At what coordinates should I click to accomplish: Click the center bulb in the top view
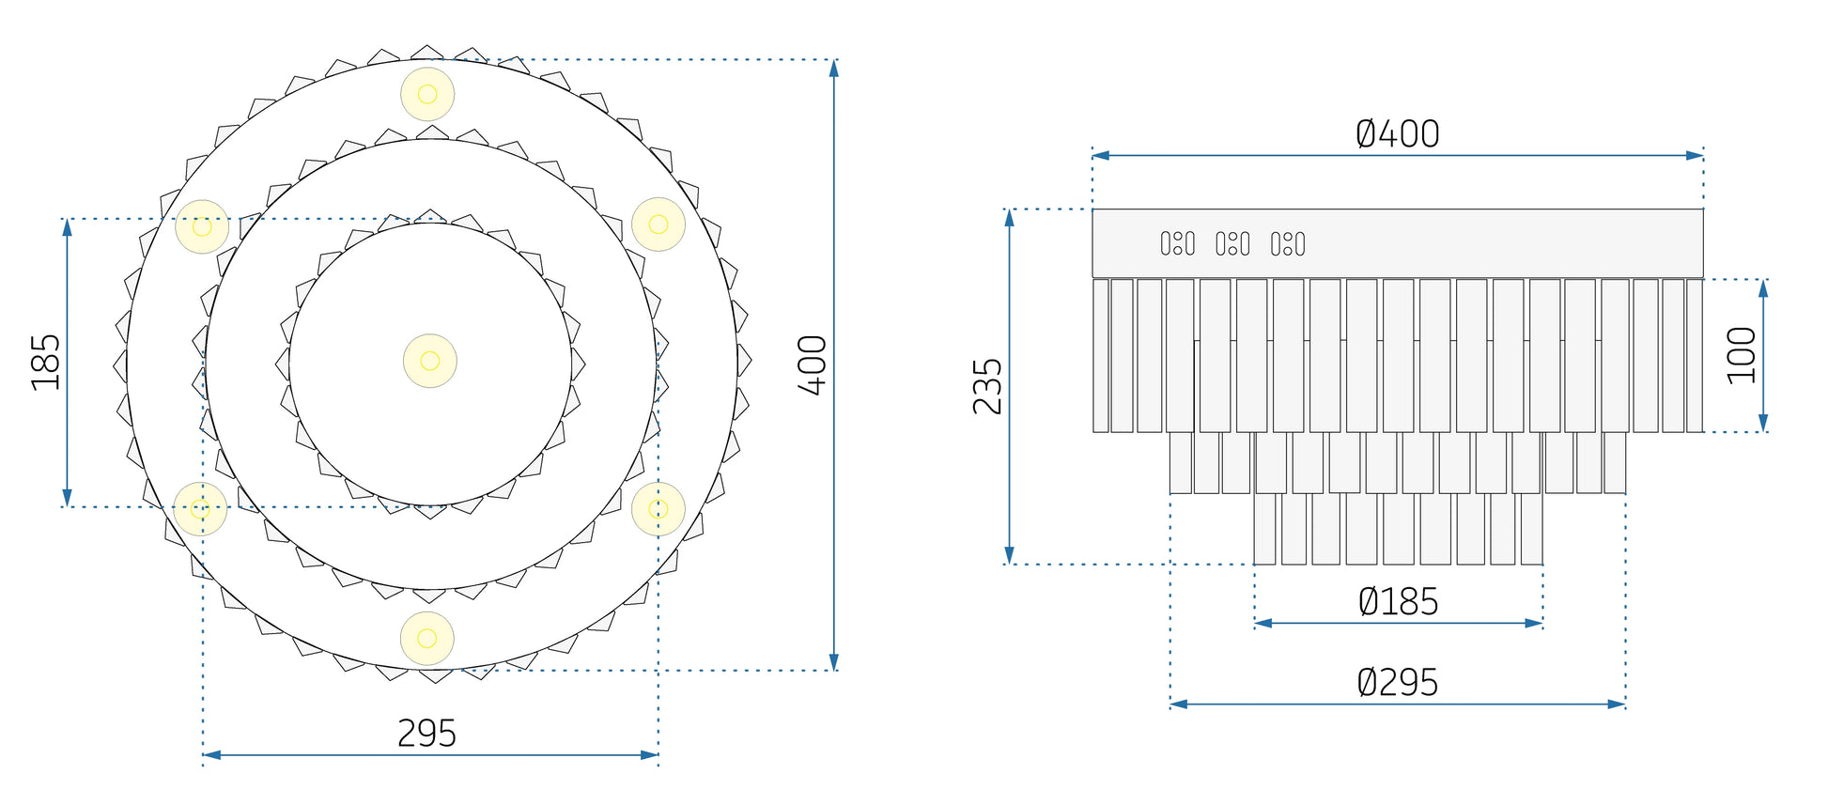[430, 361]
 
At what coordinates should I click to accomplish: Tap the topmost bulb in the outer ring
[427, 94]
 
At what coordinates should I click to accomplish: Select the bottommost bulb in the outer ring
[427, 639]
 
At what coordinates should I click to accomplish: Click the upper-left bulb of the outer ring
[202, 226]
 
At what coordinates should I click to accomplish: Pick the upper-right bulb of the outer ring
[658, 224]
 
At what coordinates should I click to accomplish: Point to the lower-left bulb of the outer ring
[200, 509]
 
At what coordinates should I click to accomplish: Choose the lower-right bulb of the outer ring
[658, 509]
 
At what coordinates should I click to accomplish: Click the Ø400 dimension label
[1398, 134]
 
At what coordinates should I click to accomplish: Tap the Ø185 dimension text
[1398, 602]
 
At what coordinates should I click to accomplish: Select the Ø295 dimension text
[1398, 683]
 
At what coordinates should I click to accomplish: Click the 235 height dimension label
[987, 386]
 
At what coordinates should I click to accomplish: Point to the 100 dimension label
[1742, 355]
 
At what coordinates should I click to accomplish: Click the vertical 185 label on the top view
[45, 362]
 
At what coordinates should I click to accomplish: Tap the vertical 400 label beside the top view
[813, 364]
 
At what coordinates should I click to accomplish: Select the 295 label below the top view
[426, 734]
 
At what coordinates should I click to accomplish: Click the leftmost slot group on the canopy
[1178, 244]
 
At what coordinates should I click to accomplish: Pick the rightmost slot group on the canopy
[1288, 244]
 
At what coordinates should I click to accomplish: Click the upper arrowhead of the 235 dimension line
[1010, 218]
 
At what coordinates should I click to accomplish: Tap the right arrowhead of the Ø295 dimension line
[1617, 704]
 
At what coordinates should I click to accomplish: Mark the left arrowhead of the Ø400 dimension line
[1101, 155]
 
